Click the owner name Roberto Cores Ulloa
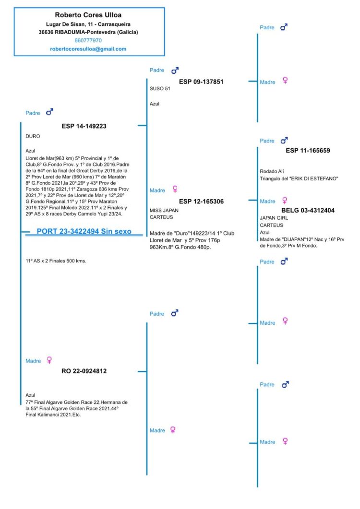point(89,15)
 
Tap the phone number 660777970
point(88,41)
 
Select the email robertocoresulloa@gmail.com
point(88,49)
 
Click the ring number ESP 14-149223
point(84,127)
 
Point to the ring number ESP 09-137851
point(201,82)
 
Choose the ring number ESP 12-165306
point(201,201)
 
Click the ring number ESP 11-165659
point(308,151)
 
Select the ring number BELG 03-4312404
point(308,210)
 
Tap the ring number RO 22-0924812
point(84,371)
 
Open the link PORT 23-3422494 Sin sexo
point(84,232)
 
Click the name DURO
point(33,137)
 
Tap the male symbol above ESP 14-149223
point(49,112)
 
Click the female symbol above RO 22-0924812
point(49,360)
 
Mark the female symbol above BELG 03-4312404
point(285,201)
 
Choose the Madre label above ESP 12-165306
point(157,190)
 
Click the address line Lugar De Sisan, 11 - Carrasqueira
point(88,24)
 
